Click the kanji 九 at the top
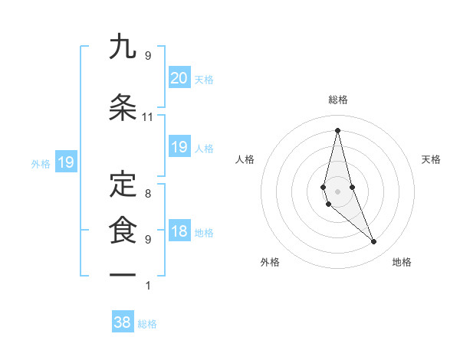tap(123, 47)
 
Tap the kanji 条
tap(123, 106)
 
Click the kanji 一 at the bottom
tap(123, 273)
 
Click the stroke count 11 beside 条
tap(147, 117)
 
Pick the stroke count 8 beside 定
tap(147, 194)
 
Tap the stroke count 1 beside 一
tap(147, 286)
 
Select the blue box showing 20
tap(179, 77)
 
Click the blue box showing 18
tap(179, 232)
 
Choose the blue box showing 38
tap(123, 322)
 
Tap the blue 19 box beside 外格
tap(65, 162)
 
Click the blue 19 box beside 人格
tap(179, 147)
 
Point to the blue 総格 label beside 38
tap(147, 324)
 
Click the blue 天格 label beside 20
tap(204, 79)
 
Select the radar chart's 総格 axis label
tap(337, 100)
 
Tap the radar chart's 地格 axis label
tap(402, 263)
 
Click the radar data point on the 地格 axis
tap(374, 242)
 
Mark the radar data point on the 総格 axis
tap(337, 130)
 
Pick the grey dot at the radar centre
tap(337, 191)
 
